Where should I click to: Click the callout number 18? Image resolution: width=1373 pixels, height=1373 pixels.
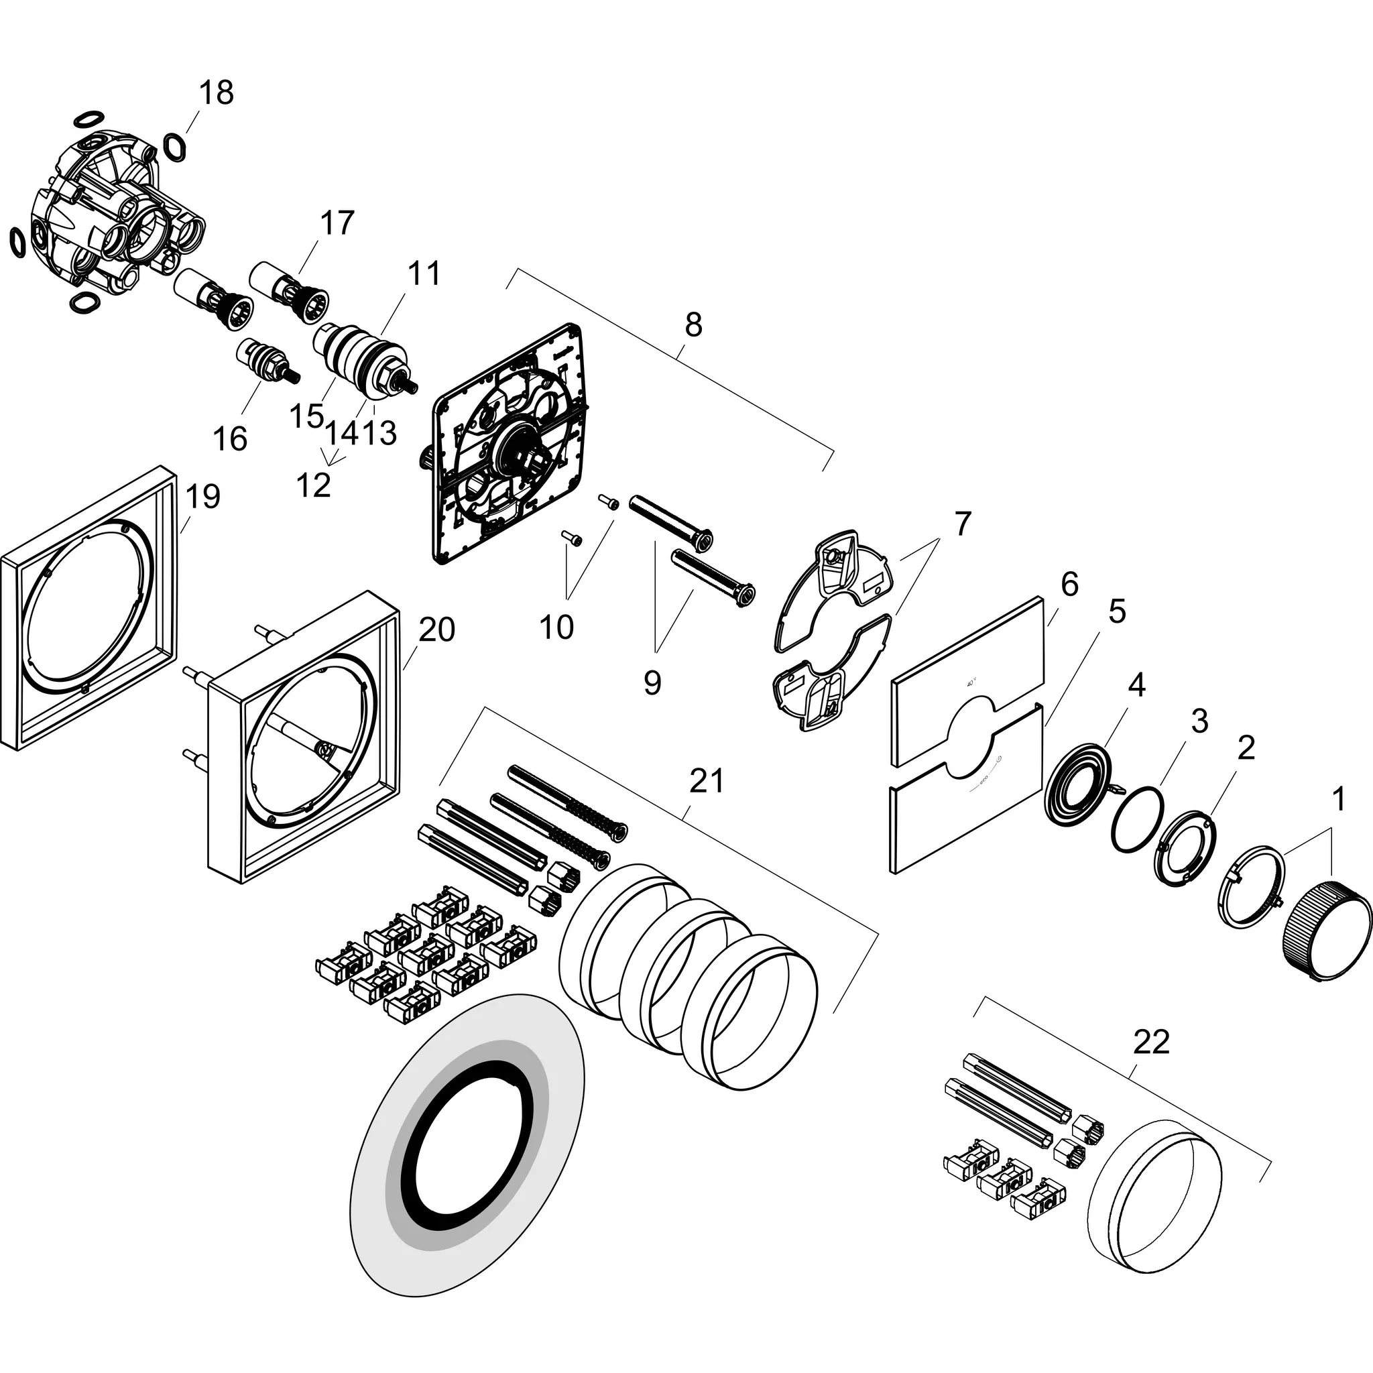tap(216, 93)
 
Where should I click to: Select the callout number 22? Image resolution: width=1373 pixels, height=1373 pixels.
tap(1150, 1042)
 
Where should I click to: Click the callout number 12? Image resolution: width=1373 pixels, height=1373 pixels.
tap(313, 486)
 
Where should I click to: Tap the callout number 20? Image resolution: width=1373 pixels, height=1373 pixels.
tap(436, 630)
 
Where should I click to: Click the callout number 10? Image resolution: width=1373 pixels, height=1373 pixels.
tap(556, 628)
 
